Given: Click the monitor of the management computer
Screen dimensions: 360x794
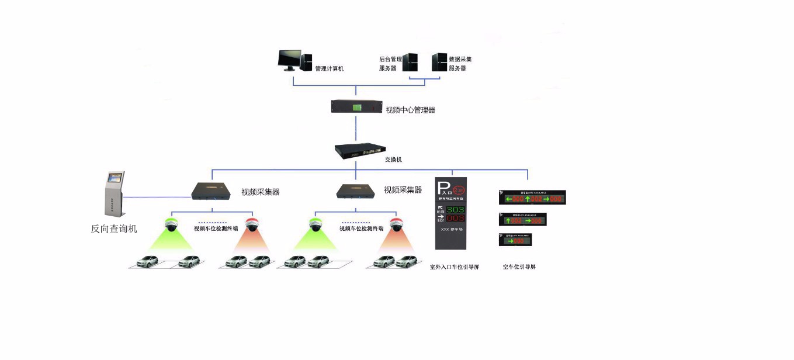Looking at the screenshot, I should tap(289, 58).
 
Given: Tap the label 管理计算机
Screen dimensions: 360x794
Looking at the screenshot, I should tap(329, 68).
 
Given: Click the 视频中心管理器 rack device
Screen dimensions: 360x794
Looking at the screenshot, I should tap(356, 107).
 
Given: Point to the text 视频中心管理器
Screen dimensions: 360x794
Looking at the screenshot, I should tap(410, 110).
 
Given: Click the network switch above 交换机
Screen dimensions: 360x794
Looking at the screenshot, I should tap(356, 150).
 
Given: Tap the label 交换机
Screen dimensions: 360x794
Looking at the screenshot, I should tap(393, 160).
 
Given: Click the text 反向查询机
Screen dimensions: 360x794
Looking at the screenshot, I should tap(114, 229).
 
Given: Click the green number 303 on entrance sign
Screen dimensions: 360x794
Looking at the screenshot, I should tap(455, 209).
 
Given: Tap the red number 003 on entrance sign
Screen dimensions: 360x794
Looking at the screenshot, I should tap(455, 218).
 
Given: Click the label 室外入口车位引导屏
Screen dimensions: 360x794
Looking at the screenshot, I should tap(454, 267).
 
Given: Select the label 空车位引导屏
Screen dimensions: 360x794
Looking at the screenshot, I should tap(519, 267).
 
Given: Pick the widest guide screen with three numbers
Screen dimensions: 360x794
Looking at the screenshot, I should tap(532, 198).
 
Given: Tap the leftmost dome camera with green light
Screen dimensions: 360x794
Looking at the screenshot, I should tap(171, 224).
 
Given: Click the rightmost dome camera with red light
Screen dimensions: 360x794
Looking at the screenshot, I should tap(397, 224).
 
